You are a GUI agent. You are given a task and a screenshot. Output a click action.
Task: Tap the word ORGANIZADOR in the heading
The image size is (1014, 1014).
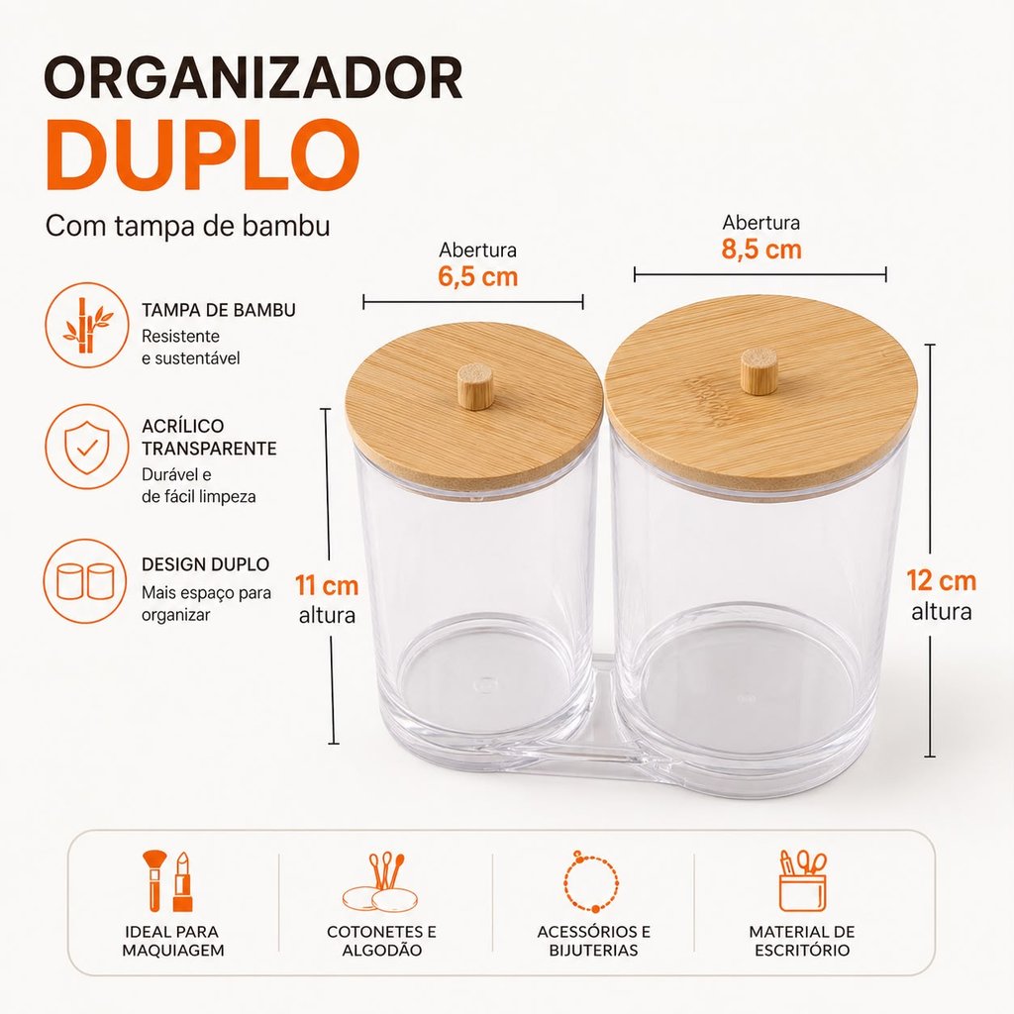coord(253,77)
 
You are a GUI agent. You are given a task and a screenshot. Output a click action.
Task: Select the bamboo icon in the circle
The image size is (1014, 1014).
coord(87,325)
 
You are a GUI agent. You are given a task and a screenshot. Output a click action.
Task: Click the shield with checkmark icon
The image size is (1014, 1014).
coord(87,448)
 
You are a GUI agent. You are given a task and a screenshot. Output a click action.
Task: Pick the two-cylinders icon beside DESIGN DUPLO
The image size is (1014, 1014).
coord(86,580)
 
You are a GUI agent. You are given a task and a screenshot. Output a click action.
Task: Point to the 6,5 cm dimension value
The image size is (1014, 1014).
coord(478,277)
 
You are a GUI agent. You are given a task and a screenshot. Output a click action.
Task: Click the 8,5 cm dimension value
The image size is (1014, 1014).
coord(761,250)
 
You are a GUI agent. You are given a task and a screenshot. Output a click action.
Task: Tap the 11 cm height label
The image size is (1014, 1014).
coord(327,586)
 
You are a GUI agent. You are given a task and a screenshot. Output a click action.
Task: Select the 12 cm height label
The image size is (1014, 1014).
coord(941,580)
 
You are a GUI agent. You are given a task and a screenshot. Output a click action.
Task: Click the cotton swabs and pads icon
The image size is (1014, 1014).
coord(381,882)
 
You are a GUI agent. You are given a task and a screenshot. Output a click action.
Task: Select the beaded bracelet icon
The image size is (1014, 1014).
coord(592,881)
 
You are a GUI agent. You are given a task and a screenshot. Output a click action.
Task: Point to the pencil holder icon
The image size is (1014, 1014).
coord(802,880)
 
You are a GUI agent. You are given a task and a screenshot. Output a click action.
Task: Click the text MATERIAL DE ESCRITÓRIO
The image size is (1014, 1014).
coord(802,941)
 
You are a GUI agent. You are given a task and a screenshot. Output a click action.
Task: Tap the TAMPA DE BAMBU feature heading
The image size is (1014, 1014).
coord(219,310)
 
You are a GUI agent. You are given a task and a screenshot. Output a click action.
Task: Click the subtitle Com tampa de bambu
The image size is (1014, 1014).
coord(187,227)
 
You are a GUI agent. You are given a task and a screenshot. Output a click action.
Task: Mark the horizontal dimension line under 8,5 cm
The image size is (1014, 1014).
coord(760,275)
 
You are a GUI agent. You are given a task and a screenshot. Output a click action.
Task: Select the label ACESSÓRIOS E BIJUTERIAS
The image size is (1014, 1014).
coord(594,941)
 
